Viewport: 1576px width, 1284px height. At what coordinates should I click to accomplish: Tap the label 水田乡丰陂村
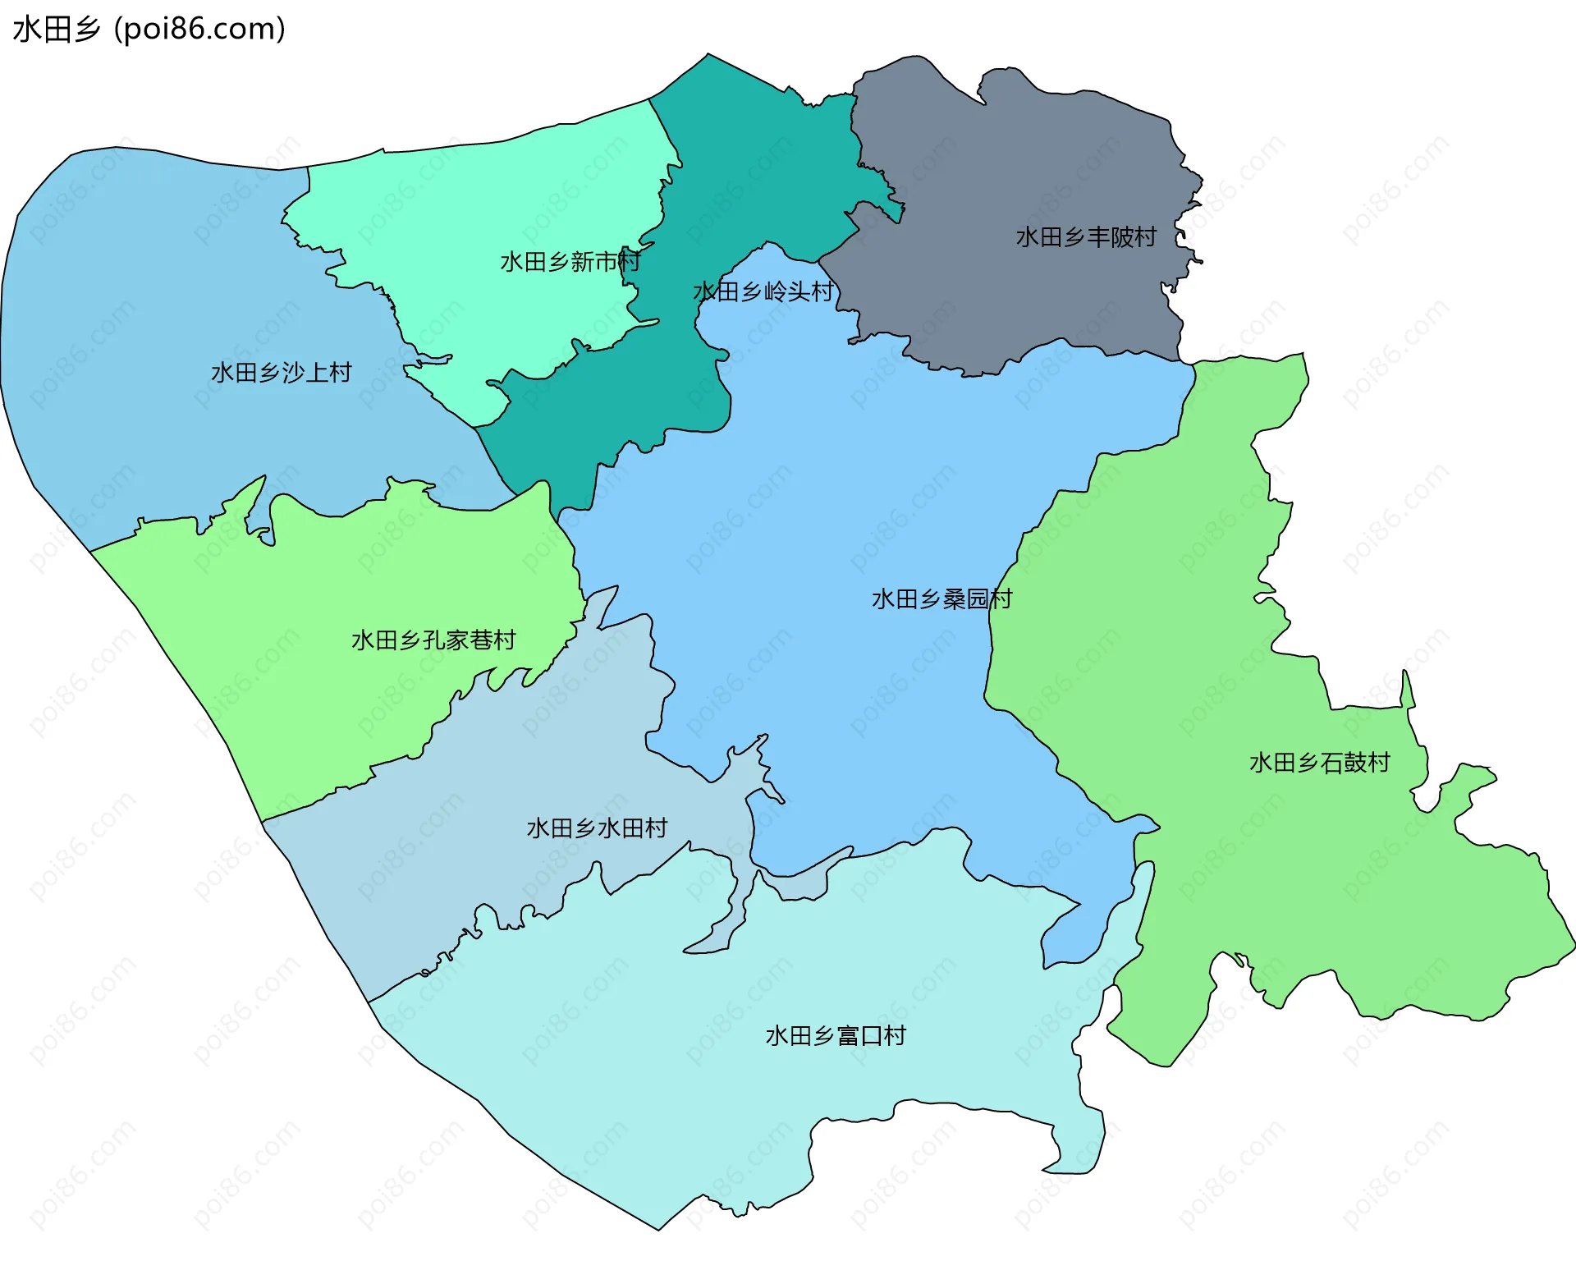click(x=1086, y=237)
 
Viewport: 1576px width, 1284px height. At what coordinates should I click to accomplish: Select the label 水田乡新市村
click(x=570, y=262)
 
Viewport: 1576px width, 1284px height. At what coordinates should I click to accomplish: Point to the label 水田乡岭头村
click(x=763, y=291)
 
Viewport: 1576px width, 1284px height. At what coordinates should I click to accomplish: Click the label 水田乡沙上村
click(x=281, y=373)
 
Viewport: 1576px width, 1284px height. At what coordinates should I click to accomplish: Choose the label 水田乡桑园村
click(x=941, y=599)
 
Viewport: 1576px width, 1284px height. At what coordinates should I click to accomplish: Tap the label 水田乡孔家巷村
click(x=433, y=640)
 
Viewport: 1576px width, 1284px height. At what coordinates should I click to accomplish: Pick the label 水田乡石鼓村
click(x=1319, y=763)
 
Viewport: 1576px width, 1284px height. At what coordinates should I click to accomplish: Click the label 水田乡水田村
click(x=597, y=828)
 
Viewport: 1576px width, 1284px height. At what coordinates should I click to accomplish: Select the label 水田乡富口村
click(x=836, y=1035)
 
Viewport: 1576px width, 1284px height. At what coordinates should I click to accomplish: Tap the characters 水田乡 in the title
click(x=56, y=30)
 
